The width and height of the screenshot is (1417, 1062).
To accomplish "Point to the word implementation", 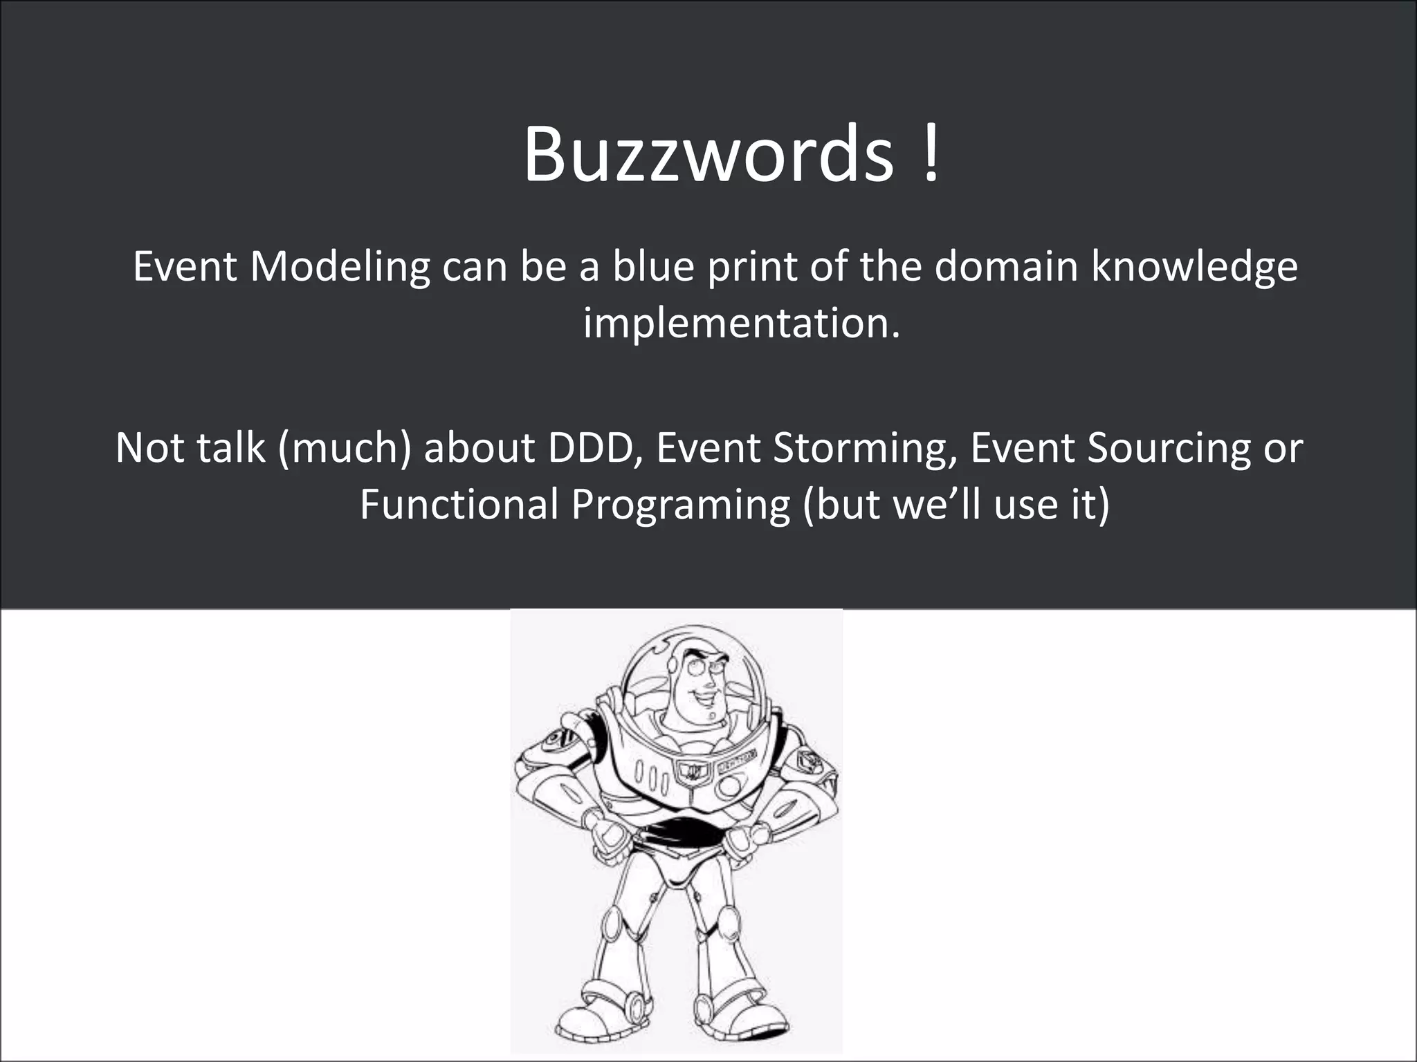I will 741,323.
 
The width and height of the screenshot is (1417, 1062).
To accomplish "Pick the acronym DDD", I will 595,447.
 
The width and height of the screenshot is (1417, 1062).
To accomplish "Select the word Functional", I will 459,504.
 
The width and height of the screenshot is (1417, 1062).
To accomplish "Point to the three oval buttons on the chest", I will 650,779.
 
